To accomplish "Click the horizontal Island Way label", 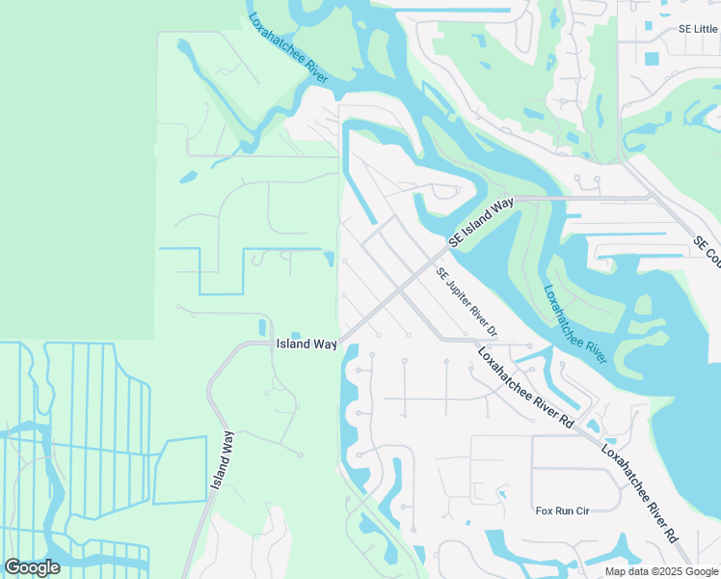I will click(x=307, y=344).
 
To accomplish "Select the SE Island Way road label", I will click(x=481, y=222).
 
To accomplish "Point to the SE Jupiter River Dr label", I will click(x=467, y=302).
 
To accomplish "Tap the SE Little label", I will click(x=698, y=29).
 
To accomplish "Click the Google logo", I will click(x=32, y=567).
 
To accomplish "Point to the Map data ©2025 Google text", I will click(x=661, y=571).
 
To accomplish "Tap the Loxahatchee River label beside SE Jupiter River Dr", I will click(x=574, y=323).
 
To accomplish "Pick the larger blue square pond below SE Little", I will click(x=652, y=58).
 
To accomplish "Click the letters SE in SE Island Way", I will click(x=453, y=241).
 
